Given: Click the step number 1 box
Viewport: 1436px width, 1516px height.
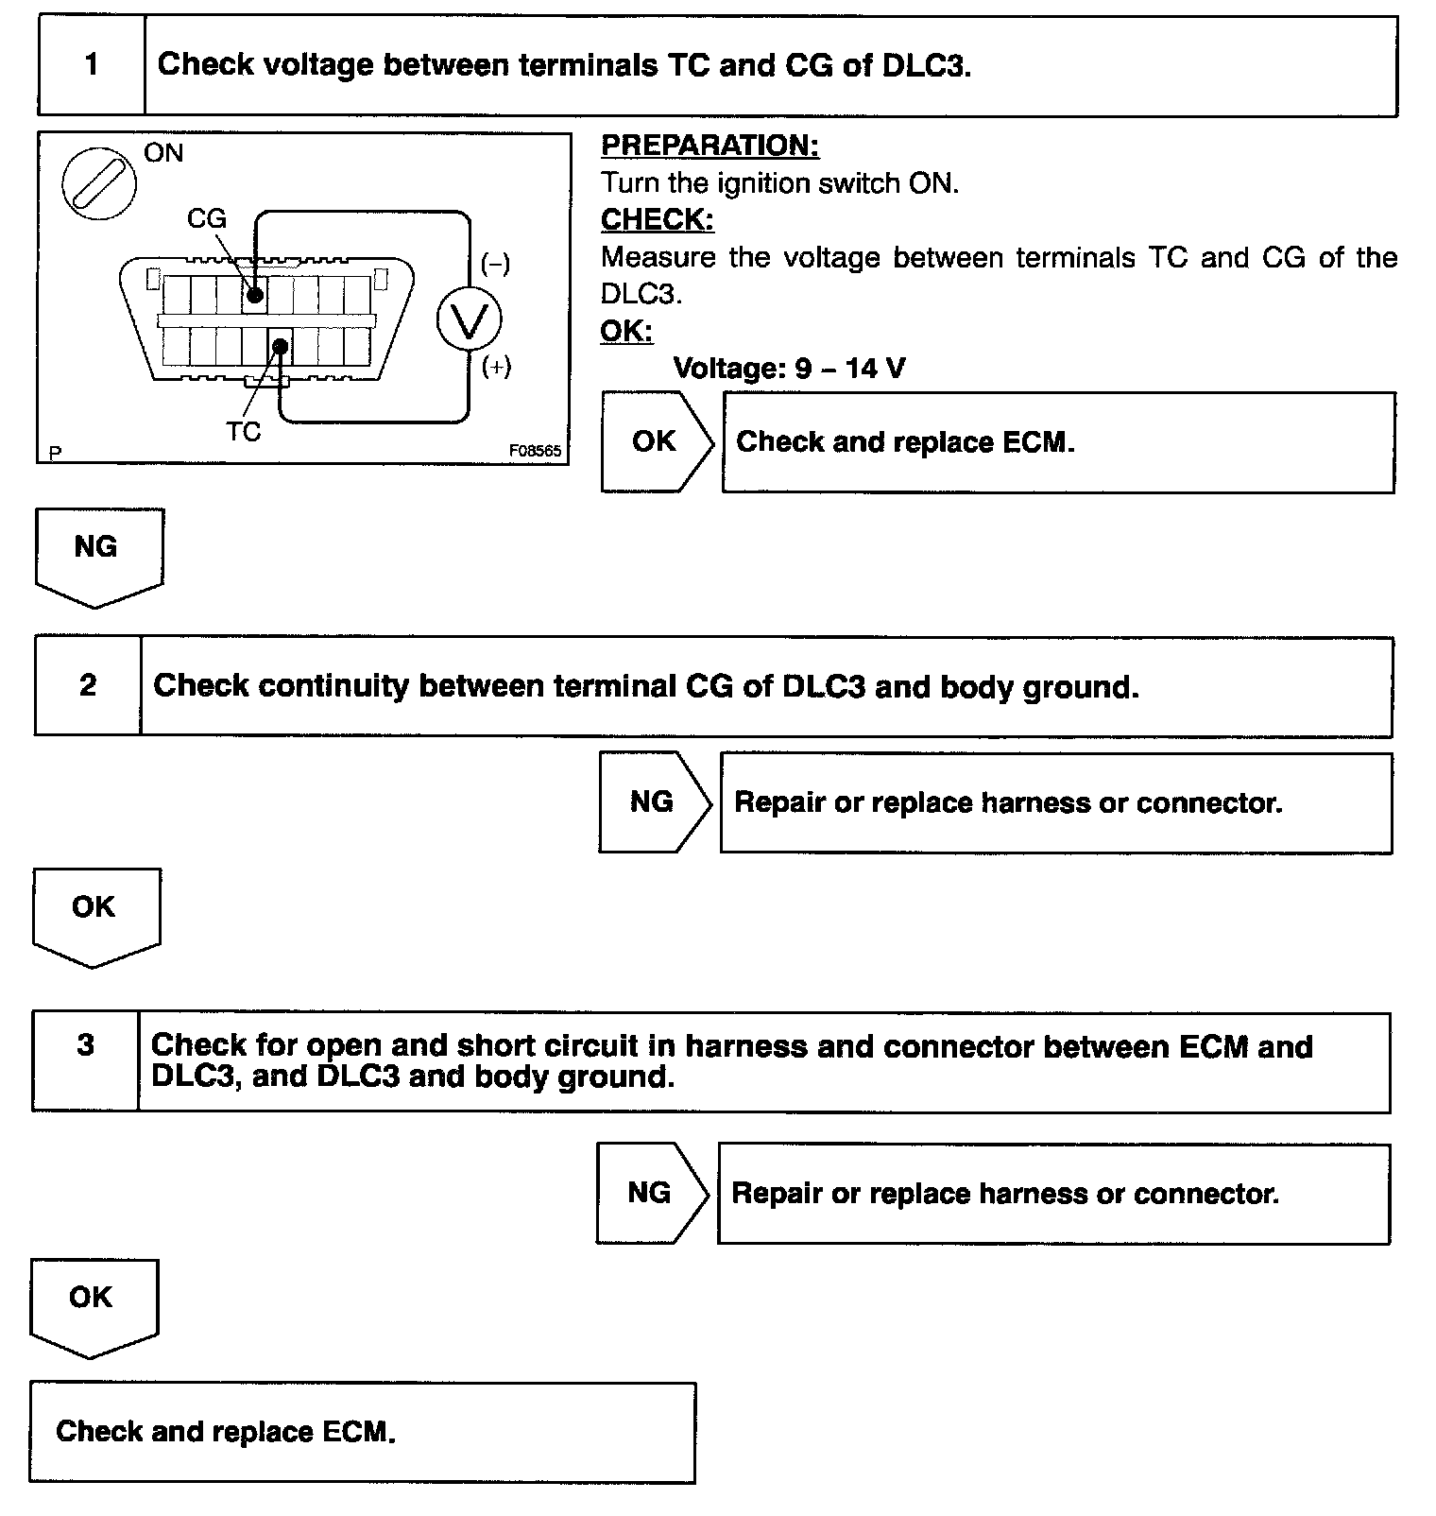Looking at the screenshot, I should point(92,65).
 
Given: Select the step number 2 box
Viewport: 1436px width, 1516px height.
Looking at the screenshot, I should point(88,685).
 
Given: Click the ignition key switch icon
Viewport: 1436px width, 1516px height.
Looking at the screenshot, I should point(99,182).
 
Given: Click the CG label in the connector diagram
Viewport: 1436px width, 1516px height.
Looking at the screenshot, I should point(207,218).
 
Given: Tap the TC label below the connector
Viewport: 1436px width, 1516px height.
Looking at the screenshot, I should point(243,432).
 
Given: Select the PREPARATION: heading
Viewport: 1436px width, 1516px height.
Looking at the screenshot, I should point(709,146).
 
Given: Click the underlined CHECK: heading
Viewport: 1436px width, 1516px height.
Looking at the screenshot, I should point(657,219).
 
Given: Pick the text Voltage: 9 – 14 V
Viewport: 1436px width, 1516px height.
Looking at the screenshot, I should point(789,368).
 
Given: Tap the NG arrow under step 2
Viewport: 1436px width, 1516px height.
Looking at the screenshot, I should point(653,802).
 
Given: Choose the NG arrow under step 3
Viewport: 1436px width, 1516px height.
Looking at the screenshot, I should point(650,1193).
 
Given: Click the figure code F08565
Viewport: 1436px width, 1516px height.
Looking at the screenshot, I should point(535,451).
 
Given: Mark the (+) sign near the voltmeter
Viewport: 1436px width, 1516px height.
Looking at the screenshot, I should point(496,367).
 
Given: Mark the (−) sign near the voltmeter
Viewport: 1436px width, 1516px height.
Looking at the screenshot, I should point(495,264).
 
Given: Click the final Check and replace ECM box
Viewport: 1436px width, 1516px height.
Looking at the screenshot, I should point(362,1432).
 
